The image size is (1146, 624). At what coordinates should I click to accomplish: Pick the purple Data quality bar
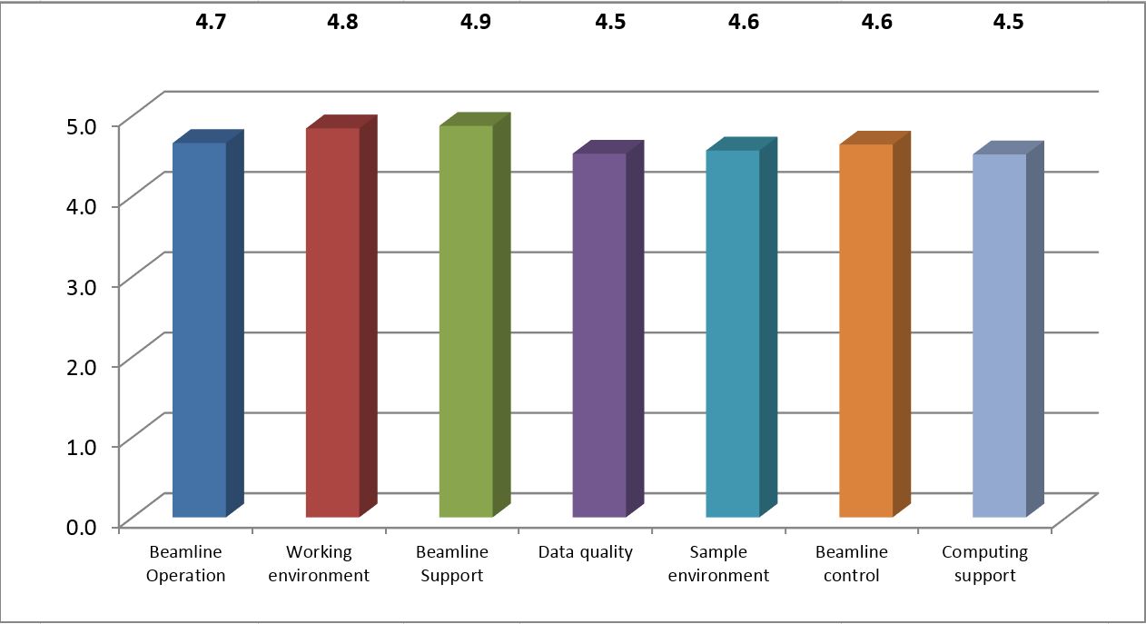[x=599, y=335]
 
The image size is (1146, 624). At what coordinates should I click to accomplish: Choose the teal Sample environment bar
[x=733, y=333]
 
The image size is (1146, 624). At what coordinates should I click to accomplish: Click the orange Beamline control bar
[x=866, y=331]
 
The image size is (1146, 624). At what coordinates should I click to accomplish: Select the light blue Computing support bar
[x=1000, y=335]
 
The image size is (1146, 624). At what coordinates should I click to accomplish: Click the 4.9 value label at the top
[x=476, y=22]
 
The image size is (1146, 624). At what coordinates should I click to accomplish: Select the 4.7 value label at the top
[x=212, y=22]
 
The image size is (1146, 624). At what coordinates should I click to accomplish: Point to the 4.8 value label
[x=343, y=22]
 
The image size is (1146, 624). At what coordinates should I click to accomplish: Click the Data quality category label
[x=585, y=552]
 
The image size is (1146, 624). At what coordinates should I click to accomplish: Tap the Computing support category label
[x=984, y=563]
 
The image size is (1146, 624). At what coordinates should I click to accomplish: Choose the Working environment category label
[x=319, y=563]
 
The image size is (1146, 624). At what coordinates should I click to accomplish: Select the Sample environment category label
[x=718, y=563]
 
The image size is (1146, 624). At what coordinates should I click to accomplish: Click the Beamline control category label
[x=851, y=563]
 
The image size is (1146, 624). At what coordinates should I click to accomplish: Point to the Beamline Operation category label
[x=185, y=563]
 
